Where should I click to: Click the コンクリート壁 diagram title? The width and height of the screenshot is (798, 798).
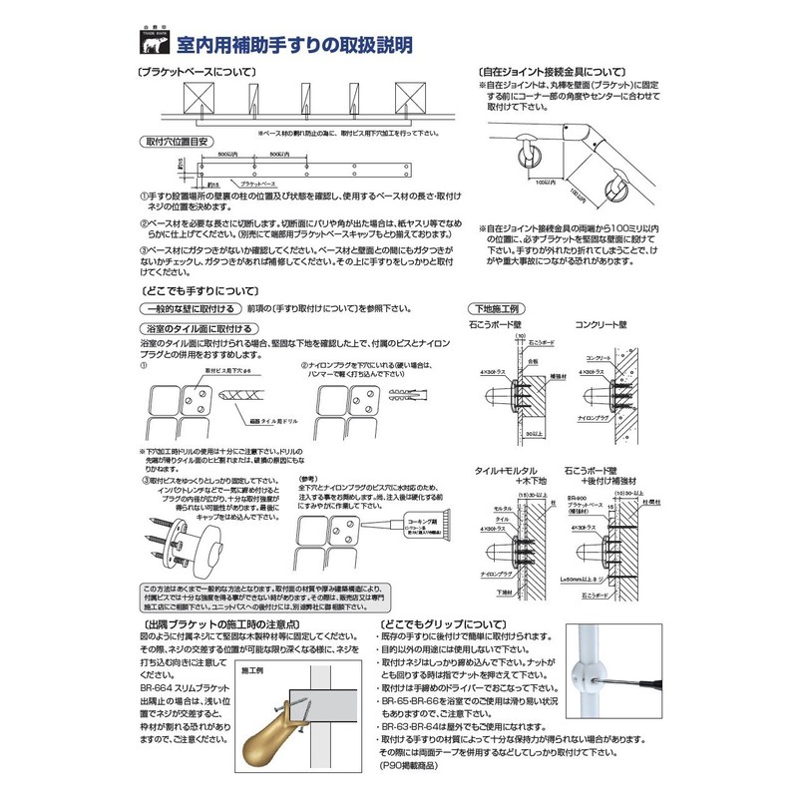[x=601, y=325]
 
